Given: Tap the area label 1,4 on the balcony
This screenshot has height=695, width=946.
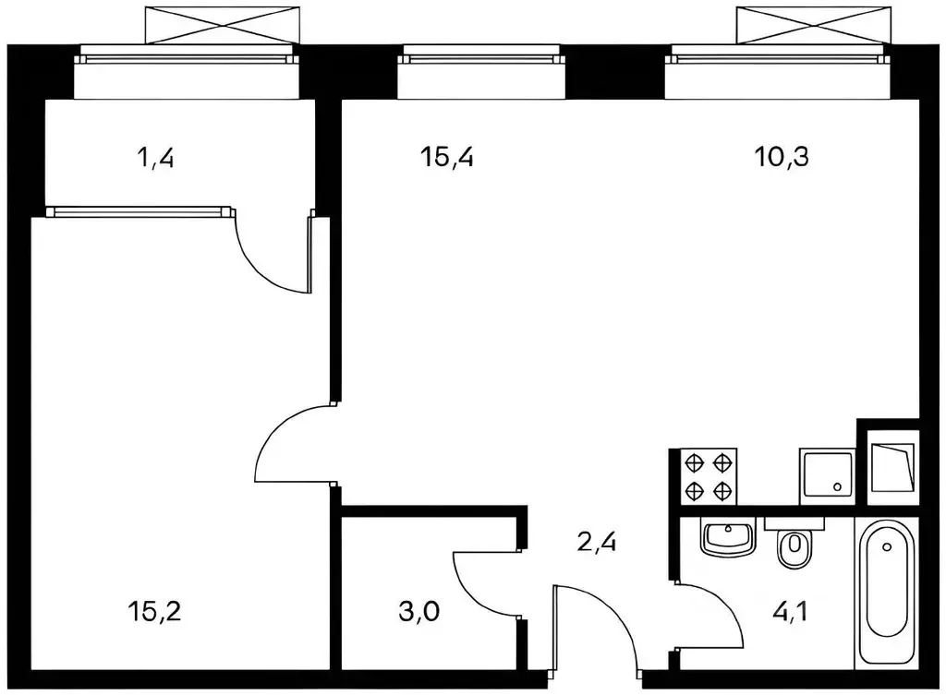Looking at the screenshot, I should pos(156,158).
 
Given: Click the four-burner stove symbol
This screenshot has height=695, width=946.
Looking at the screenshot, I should pos(709,474).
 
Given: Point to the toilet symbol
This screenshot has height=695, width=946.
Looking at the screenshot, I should pos(793,550).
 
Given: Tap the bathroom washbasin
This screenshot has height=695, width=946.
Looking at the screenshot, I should pos(728,536).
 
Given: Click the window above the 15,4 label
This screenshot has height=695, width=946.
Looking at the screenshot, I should pos(480,59).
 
